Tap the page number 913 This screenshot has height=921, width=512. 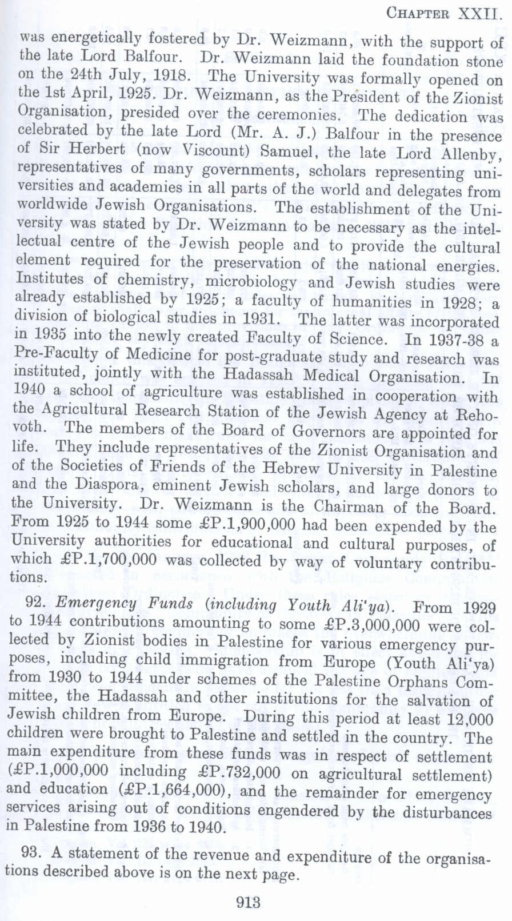(x=248, y=903)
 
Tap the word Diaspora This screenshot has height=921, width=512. (x=85, y=484)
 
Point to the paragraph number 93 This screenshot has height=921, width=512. (x=30, y=852)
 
